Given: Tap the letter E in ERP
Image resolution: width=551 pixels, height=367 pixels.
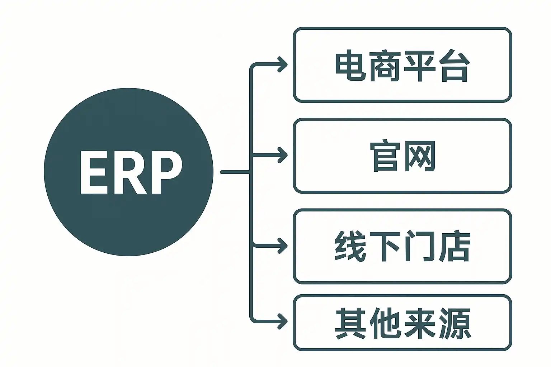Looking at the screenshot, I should pos(90,172).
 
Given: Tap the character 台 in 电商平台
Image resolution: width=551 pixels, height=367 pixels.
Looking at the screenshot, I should pos(455,67).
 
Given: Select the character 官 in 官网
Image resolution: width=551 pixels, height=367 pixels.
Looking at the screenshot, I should pos(385,156).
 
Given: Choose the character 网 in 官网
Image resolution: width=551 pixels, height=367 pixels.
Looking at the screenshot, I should pos(420,156).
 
